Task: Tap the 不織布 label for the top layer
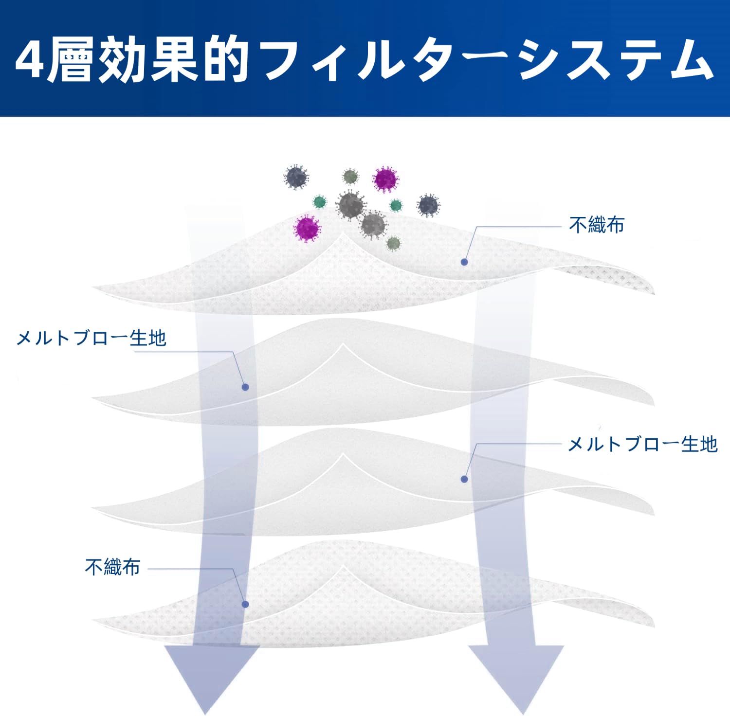tap(596, 225)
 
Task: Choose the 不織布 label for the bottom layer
tap(112, 567)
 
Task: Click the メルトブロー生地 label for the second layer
tap(91, 338)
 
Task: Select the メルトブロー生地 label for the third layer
tap(642, 444)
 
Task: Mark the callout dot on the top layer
tap(464, 262)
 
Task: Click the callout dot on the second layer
tap(245, 387)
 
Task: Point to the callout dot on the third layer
tap(464, 479)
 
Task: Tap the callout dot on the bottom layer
tap(245, 604)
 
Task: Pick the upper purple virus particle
tap(385, 179)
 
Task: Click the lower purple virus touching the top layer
tap(308, 228)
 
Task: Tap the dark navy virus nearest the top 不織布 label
tap(428, 205)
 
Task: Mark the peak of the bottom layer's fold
tap(344, 566)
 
